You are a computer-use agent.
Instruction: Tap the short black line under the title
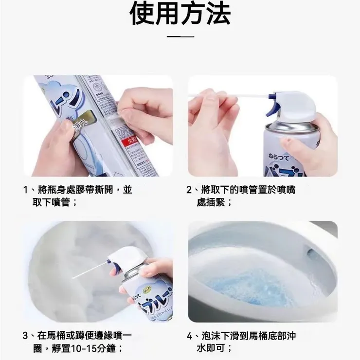point(180,36)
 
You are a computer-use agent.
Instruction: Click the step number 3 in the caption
point(26,336)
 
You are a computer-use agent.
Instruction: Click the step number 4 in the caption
point(190,336)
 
